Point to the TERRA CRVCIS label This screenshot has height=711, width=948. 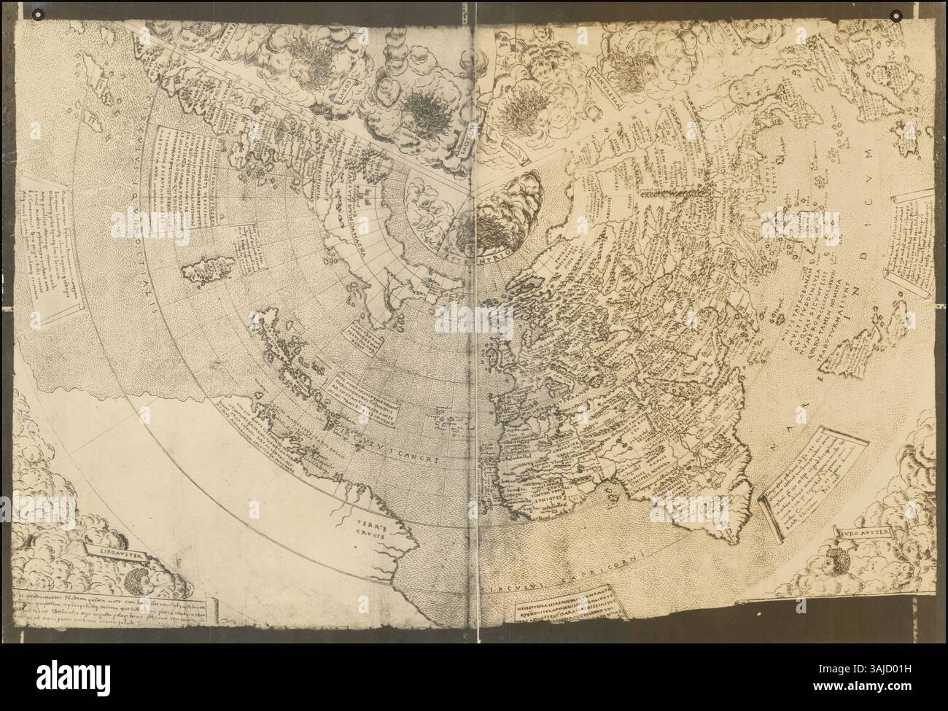pyautogui.click(x=364, y=527)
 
